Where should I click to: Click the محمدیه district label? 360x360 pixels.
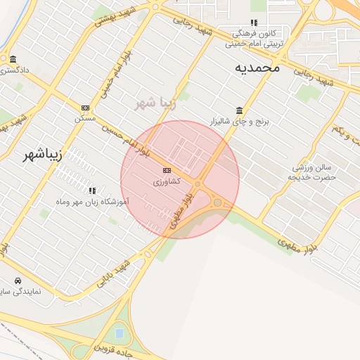coord(257,67)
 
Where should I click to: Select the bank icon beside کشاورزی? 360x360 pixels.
coord(167,170)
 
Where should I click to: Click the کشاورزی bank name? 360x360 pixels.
coord(167,181)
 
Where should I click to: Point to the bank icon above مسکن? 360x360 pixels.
coord(85,108)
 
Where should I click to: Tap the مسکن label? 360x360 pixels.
coord(85,118)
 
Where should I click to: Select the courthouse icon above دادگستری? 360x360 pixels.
coord(13,59)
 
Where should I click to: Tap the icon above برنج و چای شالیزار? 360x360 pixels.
coord(240,111)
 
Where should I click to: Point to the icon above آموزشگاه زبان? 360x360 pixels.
coord(92,190)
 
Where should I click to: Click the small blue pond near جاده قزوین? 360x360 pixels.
coord(120,332)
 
